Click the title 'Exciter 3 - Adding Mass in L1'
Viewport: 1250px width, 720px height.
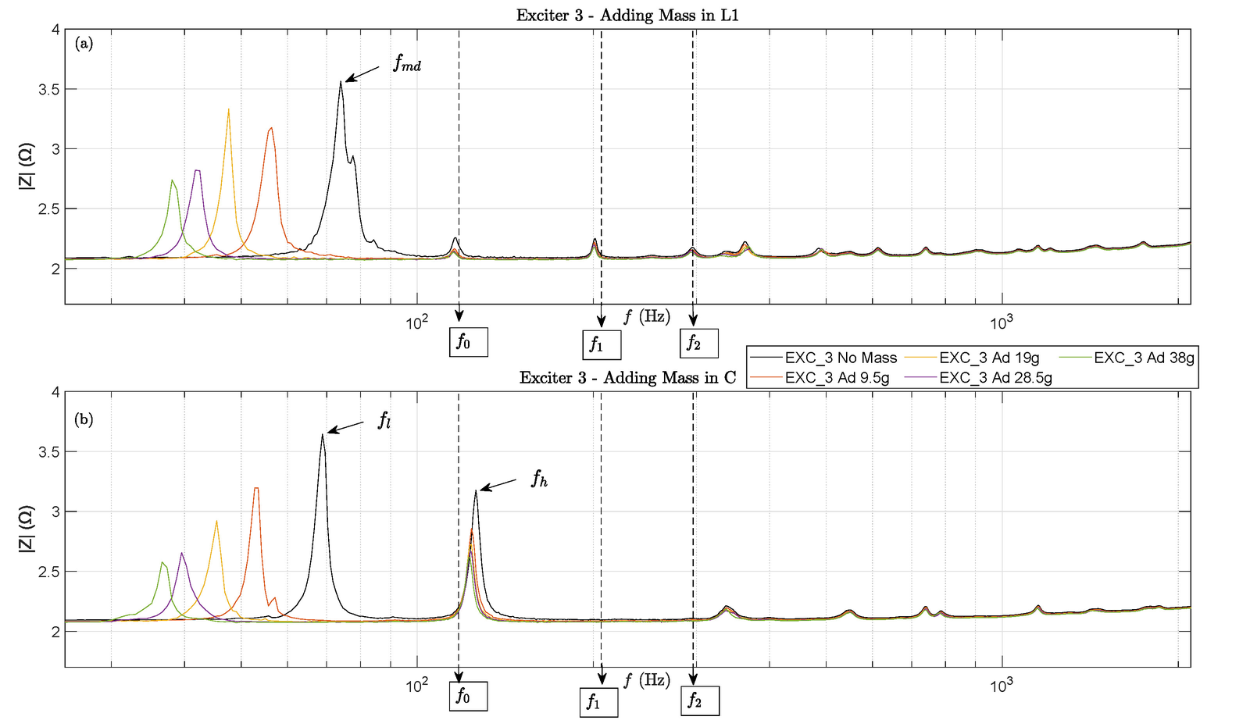[x=627, y=16]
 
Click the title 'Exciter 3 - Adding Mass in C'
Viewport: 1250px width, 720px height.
[x=627, y=378]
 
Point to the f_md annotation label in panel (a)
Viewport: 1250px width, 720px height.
[x=407, y=65]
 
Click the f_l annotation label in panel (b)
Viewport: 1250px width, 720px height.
[x=384, y=422]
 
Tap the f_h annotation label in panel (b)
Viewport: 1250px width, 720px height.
[x=539, y=479]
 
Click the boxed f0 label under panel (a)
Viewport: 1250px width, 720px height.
[x=469, y=342]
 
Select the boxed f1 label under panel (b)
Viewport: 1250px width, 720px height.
[x=598, y=703]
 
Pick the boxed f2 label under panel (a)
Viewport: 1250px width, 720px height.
[x=698, y=343]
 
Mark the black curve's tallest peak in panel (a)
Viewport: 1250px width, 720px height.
[x=341, y=82]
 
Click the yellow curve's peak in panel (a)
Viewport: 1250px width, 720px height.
[x=228, y=109]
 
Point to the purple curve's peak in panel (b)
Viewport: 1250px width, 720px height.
[x=182, y=553]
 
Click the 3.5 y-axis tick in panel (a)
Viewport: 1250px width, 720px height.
[x=49, y=89]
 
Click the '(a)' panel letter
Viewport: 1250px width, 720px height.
[x=84, y=45]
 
